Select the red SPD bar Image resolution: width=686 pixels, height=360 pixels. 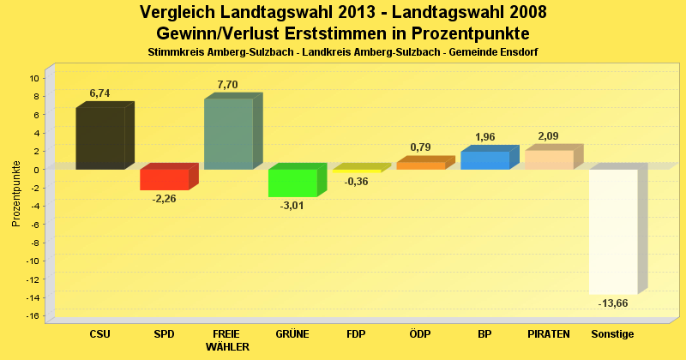[x=164, y=179]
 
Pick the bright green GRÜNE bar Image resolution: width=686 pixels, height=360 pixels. [x=292, y=183]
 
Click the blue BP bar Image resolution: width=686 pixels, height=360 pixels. [x=484, y=160]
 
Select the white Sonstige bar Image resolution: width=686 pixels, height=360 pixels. [x=613, y=231]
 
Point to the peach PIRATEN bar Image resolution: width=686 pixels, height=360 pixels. [x=549, y=159]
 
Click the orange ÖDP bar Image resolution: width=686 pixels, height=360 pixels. [x=420, y=165]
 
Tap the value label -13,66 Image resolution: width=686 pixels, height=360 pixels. [x=612, y=303]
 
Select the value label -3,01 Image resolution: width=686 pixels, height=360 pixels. [x=292, y=207]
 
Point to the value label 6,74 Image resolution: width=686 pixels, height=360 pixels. [x=99, y=93]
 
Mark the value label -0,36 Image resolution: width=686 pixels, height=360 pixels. [x=356, y=182]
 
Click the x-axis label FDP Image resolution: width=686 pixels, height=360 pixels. [x=356, y=333]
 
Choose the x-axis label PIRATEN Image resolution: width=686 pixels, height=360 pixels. [x=549, y=333]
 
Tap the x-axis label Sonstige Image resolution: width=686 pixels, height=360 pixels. [x=612, y=333]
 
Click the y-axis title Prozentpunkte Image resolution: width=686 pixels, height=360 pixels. [x=16, y=194]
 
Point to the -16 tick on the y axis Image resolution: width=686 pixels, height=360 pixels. [x=33, y=315]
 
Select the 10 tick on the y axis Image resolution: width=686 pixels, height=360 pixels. [x=35, y=78]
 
